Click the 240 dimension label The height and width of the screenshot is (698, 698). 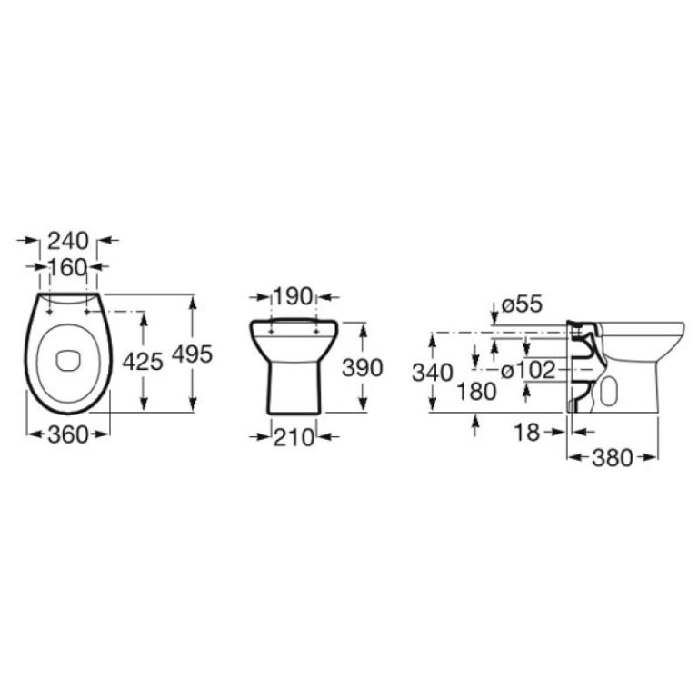68,241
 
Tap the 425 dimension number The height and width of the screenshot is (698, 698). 143,361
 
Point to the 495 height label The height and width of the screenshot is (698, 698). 192,354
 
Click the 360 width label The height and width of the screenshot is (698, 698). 68,435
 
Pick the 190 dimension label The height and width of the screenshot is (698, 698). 293,297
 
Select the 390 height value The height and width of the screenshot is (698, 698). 362,368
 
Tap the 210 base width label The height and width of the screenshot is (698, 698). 294,438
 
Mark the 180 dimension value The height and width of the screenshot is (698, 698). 477,392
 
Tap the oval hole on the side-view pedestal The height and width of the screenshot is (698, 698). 608,392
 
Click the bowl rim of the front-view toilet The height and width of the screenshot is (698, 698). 293,325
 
